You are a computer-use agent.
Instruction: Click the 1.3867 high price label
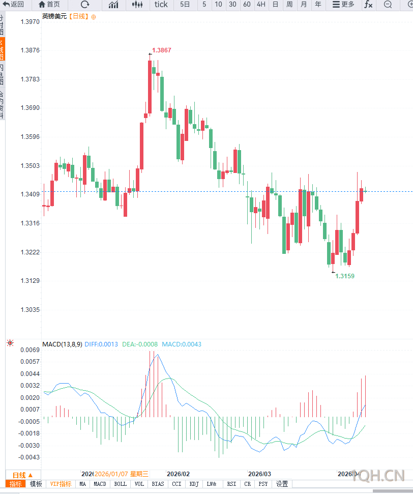[x=162, y=50]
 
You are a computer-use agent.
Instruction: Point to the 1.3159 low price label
[x=345, y=276]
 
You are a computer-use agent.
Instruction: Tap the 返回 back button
[x=14, y=5]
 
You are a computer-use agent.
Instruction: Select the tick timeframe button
[x=161, y=5]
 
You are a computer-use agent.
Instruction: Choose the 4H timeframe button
[x=261, y=5]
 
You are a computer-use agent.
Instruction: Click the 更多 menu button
[x=343, y=5]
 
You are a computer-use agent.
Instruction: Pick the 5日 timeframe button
[x=185, y=5]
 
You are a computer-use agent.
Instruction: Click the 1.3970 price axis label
[x=30, y=22]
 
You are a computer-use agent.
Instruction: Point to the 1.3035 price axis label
[x=30, y=310]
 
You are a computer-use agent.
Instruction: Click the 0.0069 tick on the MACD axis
[x=30, y=350]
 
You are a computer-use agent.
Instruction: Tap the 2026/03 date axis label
[x=259, y=473]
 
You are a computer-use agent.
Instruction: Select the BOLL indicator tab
[x=120, y=484]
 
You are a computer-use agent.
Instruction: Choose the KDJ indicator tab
[x=194, y=484]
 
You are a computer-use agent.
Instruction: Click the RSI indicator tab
[x=231, y=484]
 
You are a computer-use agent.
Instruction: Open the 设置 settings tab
[x=282, y=484]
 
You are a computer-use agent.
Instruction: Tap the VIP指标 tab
[x=61, y=484]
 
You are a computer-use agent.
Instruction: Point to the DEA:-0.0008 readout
[x=140, y=344]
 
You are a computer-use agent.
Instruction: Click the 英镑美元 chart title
[x=54, y=16]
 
